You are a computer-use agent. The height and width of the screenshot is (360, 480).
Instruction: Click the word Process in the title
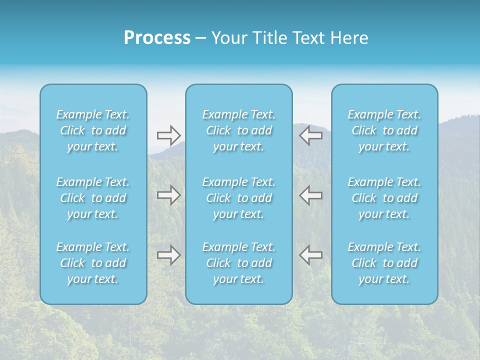[x=157, y=38]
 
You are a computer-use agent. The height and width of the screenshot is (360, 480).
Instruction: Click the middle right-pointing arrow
[x=168, y=195]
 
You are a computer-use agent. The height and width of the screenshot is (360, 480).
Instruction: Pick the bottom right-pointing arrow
[x=168, y=255]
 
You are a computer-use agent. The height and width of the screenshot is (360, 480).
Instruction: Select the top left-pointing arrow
[x=311, y=135]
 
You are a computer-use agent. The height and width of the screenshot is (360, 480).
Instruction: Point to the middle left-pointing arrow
[x=311, y=195]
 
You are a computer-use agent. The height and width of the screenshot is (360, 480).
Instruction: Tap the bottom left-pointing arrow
[x=311, y=255]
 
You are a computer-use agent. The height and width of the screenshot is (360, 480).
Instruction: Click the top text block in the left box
[x=93, y=130]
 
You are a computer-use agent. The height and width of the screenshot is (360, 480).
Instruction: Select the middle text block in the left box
[x=93, y=198]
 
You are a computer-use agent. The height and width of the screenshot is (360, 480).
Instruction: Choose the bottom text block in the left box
[x=93, y=263]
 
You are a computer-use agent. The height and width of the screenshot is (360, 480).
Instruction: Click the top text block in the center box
[x=239, y=130]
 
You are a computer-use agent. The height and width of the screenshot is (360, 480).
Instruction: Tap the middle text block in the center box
[x=239, y=198]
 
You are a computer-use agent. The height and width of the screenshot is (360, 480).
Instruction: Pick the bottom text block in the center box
[x=239, y=263]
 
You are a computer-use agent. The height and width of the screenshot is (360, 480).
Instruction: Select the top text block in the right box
[x=384, y=130]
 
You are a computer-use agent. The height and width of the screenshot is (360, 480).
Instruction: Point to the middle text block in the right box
[x=384, y=198]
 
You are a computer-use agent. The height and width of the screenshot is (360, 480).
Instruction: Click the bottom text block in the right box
[x=384, y=263]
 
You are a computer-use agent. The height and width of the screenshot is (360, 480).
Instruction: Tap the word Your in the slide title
[x=227, y=38]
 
